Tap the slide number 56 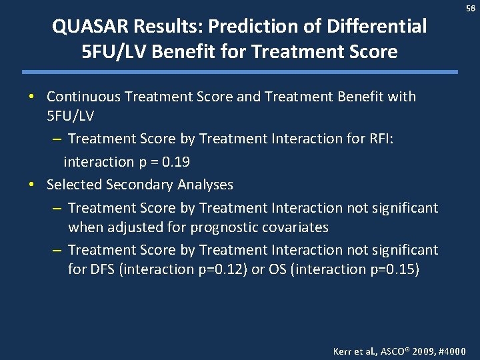pos(471,8)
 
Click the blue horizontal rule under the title pos(240,71)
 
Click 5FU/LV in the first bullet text pos(70,116)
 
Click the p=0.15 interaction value pos(389,269)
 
